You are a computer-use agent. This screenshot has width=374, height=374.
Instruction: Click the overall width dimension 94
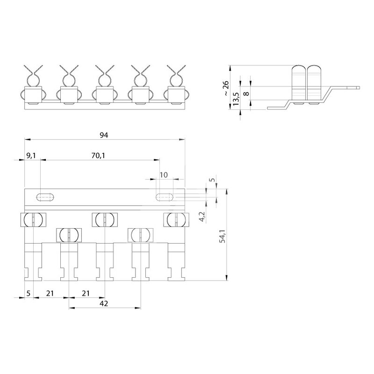coord(104,135)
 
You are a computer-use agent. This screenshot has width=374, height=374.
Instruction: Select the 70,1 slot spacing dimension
coord(98,156)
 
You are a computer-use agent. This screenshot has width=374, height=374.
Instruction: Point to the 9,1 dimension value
coord(31,156)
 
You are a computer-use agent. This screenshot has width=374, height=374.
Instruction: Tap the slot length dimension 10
coord(164,175)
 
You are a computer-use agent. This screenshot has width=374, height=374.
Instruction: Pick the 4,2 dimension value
coord(202,216)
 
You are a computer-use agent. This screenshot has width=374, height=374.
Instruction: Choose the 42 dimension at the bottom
coord(104,303)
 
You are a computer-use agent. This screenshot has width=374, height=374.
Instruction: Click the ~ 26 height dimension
coord(225,88)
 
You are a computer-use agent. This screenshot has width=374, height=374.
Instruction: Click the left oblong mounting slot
coord(45,197)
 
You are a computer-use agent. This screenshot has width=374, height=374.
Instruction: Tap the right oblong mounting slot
coord(165,197)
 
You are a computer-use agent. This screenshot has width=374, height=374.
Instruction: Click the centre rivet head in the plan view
coord(105,219)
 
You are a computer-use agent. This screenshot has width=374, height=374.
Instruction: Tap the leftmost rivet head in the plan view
coord(33,219)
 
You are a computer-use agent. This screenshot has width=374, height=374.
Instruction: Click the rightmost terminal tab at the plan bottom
coord(177,262)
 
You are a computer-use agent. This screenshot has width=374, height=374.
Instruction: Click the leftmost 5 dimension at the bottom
coord(29,293)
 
